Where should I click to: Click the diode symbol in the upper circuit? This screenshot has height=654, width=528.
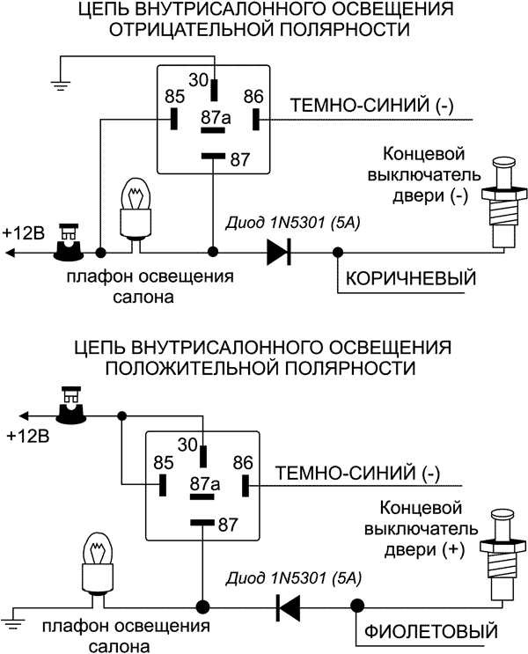(x=279, y=252)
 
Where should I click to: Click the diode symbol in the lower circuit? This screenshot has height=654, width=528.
(x=289, y=606)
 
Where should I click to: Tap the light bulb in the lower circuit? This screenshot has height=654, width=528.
(x=97, y=569)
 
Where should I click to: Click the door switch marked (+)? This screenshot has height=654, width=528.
(x=501, y=555)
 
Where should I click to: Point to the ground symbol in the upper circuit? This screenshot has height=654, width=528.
(x=61, y=85)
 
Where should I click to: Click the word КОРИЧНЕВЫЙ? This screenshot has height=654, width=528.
(x=411, y=278)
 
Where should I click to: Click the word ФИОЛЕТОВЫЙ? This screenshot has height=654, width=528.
(x=431, y=632)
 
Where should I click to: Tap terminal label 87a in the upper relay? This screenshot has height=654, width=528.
(x=216, y=118)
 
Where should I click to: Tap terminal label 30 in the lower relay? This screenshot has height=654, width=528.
(x=187, y=445)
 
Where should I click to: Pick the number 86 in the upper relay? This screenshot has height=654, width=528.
(x=253, y=96)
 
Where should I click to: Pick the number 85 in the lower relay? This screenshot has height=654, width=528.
(x=163, y=463)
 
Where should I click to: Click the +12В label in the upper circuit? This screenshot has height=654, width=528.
(x=24, y=233)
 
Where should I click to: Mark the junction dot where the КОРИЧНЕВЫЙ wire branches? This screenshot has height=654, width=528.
(x=338, y=253)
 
